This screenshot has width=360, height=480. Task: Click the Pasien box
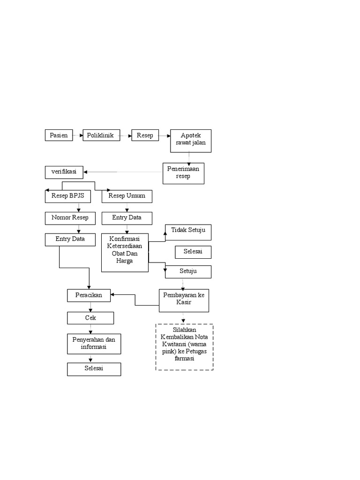(59, 135)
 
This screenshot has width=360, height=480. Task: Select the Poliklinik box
(101, 135)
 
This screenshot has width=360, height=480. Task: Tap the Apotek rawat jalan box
(190, 141)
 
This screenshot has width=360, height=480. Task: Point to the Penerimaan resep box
(184, 173)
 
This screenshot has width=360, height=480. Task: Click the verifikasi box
(64, 172)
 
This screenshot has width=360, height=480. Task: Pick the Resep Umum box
(127, 196)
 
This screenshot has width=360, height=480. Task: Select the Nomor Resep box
(70, 218)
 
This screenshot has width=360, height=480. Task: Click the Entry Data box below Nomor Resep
(70, 240)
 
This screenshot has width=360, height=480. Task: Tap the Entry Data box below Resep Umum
(126, 218)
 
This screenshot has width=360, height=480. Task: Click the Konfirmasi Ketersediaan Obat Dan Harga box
(125, 252)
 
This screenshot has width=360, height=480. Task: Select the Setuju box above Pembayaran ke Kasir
(188, 271)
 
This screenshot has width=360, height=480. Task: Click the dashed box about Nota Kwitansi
(184, 347)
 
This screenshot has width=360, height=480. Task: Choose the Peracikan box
(89, 295)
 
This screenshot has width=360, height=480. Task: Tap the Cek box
(90, 318)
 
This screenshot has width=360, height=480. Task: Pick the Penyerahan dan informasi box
(94, 344)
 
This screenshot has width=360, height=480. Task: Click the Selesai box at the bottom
(94, 369)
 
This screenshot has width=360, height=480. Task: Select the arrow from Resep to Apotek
(164, 136)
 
